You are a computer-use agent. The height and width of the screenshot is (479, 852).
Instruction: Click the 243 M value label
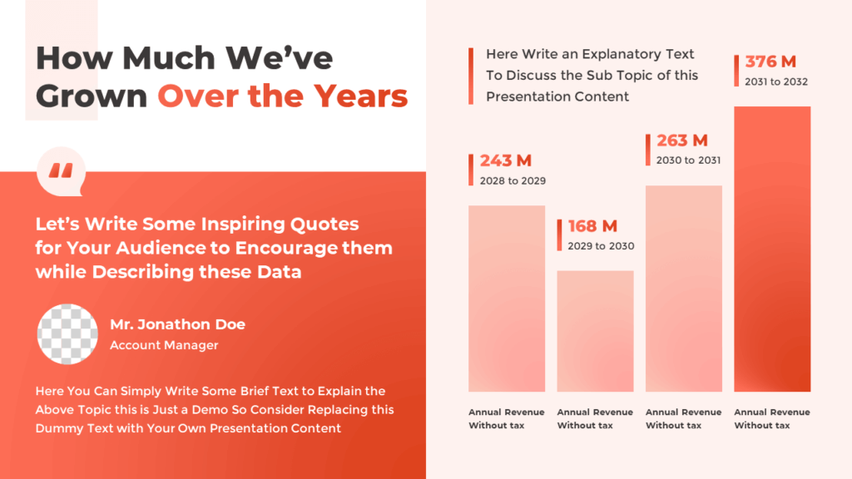(x=505, y=160)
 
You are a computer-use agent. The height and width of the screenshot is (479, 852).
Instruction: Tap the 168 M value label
(x=592, y=226)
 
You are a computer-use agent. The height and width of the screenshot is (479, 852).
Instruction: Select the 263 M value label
(x=681, y=141)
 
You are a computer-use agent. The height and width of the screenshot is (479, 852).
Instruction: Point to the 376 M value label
(x=770, y=62)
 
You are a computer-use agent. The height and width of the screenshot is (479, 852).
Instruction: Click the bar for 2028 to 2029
(x=507, y=299)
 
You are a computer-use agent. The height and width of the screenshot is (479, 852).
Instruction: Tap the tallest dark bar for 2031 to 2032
(x=772, y=249)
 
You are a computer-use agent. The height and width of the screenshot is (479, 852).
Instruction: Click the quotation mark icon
(x=61, y=171)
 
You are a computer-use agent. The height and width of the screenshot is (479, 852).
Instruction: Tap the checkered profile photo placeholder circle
(x=68, y=334)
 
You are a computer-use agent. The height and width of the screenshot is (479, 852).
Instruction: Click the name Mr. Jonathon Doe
(x=177, y=324)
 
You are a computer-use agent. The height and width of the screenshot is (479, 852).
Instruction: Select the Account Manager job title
(x=164, y=345)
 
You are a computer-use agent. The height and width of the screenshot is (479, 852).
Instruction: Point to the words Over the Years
(x=283, y=96)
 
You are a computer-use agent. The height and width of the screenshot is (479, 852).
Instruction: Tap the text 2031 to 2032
(x=776, y=81)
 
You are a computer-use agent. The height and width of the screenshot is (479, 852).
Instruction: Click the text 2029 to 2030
(x=601, y=246)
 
